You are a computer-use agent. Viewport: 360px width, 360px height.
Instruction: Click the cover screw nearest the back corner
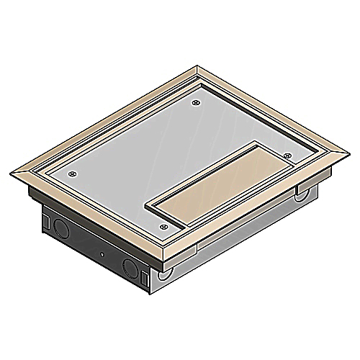pos(197,104)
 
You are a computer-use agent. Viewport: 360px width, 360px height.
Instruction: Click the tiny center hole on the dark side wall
pos(102,257)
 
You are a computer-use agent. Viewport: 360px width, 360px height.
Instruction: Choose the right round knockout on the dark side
pos(133,271)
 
